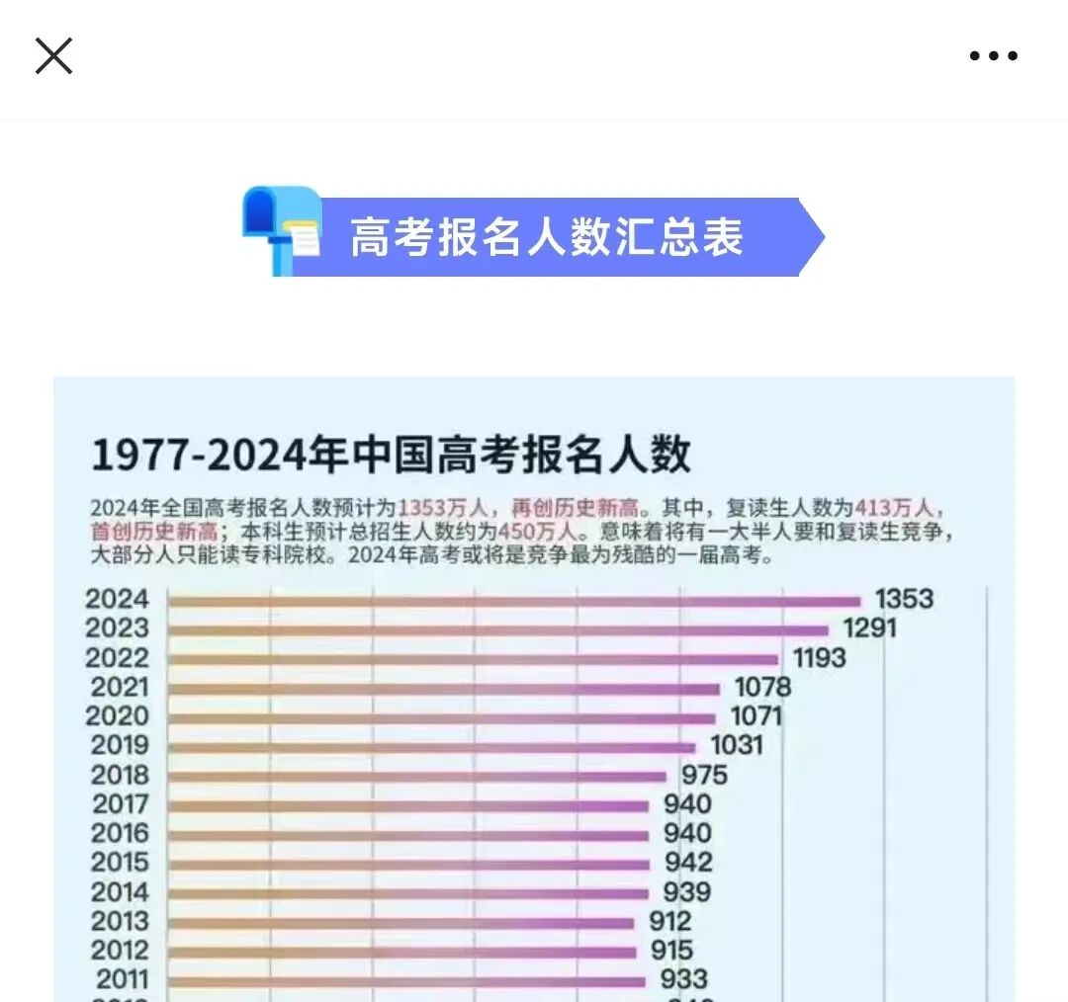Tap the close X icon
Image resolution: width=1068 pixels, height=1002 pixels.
click(53, 55)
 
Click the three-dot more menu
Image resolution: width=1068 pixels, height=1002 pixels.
click(993, 56)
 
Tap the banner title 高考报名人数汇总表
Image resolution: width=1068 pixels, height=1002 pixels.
click(546, 237)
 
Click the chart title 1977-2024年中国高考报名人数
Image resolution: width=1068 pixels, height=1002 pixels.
click(391, 456)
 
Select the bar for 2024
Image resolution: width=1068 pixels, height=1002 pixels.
click(514, 600)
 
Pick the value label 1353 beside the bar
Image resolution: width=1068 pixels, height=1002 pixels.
click(904, 599)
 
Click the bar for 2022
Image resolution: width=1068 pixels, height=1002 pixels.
click(473, 659)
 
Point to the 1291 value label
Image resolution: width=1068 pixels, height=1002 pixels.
click(869, 628)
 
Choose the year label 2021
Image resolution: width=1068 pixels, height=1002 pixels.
click(119, 687)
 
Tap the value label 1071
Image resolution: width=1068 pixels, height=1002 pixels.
click(756, 716)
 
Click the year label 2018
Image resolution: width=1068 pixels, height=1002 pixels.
click(120, 775)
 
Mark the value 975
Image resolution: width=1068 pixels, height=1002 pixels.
click(704, 775)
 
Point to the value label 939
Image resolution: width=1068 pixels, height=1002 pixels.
click(686, 892)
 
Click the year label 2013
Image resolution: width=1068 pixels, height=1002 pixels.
click(120, 922)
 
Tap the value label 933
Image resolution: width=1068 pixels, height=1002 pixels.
click(684, 979)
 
